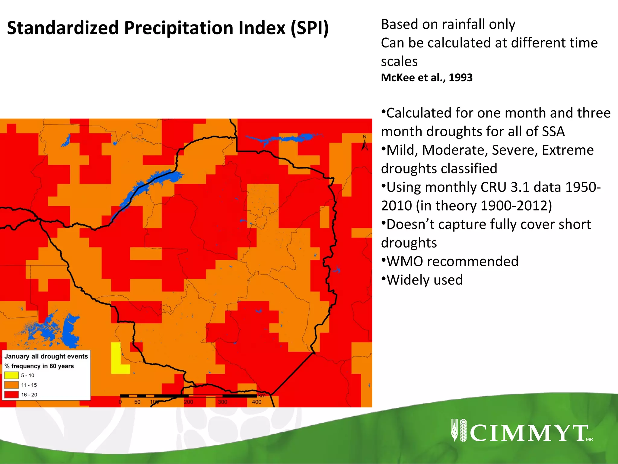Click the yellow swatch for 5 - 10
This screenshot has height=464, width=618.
coord(11,375)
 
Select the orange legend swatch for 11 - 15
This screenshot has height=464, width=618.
coord(11,385)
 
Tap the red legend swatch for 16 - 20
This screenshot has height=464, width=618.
coord(11,395)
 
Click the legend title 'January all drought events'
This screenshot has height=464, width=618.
coord(46,356)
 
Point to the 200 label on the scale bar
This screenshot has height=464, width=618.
coord(188,402)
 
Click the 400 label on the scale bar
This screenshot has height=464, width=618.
coord(256,402)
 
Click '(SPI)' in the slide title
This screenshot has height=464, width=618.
coord(310,28)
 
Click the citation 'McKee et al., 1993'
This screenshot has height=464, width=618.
coord(427,78)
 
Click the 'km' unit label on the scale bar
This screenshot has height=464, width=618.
coord(262,396)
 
